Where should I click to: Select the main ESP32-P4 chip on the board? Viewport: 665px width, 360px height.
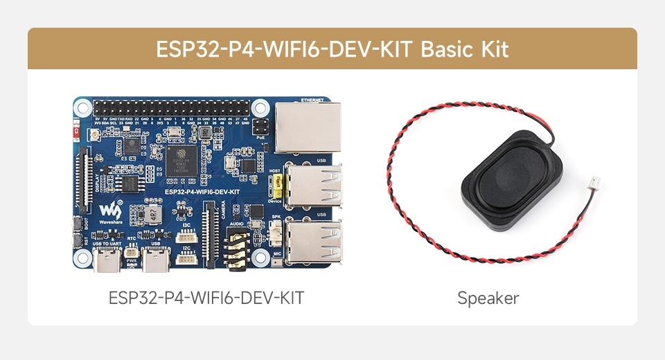(x=182, y=160)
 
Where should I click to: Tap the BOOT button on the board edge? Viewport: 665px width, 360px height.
(x=77, y=224)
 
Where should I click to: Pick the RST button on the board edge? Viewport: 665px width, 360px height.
(x=77, y=241)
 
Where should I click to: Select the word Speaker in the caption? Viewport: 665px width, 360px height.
(x=488, y=298)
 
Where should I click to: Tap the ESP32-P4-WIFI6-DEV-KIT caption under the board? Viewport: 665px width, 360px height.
(x=206, y=298)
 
